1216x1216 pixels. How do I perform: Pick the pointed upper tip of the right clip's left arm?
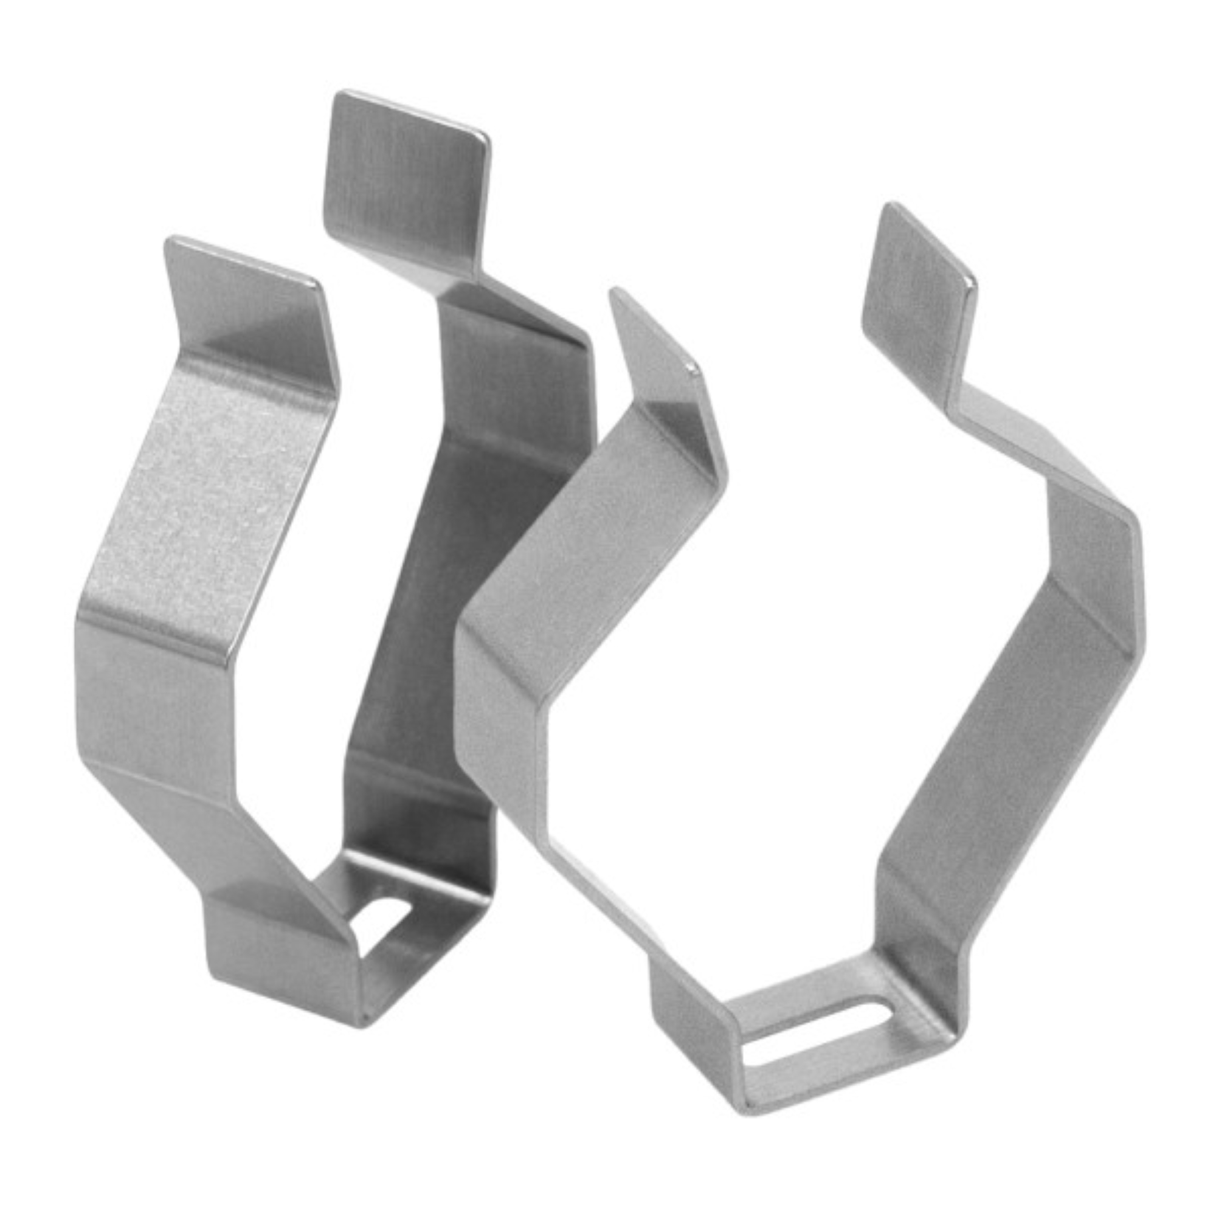pyautogui.click(x=655, y=340)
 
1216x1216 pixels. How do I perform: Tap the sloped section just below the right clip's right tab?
pyautogui.click(x=1020, y=434)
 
